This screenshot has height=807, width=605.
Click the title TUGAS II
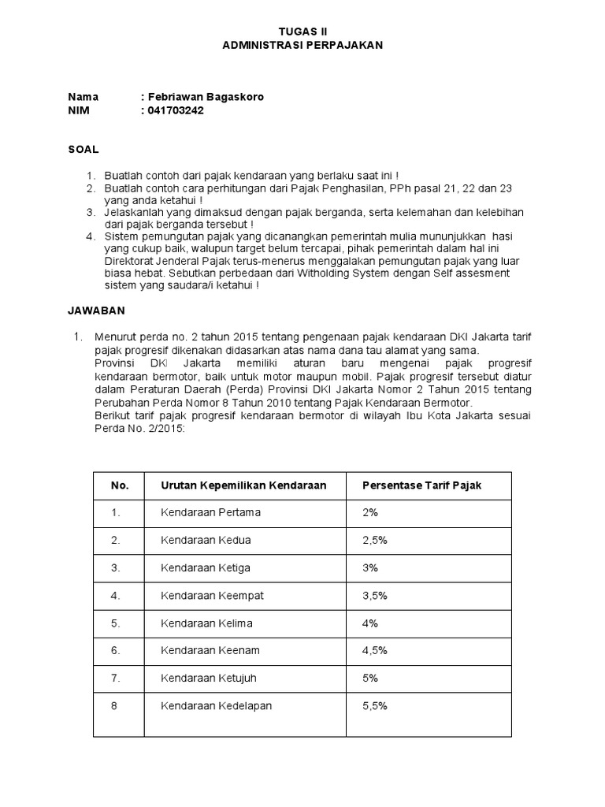click(302, 32)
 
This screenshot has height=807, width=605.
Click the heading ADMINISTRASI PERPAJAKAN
click(302, 46)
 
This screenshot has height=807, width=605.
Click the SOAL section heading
click(83, 148)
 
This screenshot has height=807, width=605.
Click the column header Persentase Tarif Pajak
click(421, 485)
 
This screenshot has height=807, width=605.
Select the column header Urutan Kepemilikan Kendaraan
click(243, 485)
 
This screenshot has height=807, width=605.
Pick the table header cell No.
click(120, 485)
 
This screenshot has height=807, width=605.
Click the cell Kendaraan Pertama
click(210, 512)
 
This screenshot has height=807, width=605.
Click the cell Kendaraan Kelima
click(206, 623)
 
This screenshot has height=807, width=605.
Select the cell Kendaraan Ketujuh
click(209, 678)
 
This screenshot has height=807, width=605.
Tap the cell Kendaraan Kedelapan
click(216, 706)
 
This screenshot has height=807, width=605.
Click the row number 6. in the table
click(116, 650)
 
